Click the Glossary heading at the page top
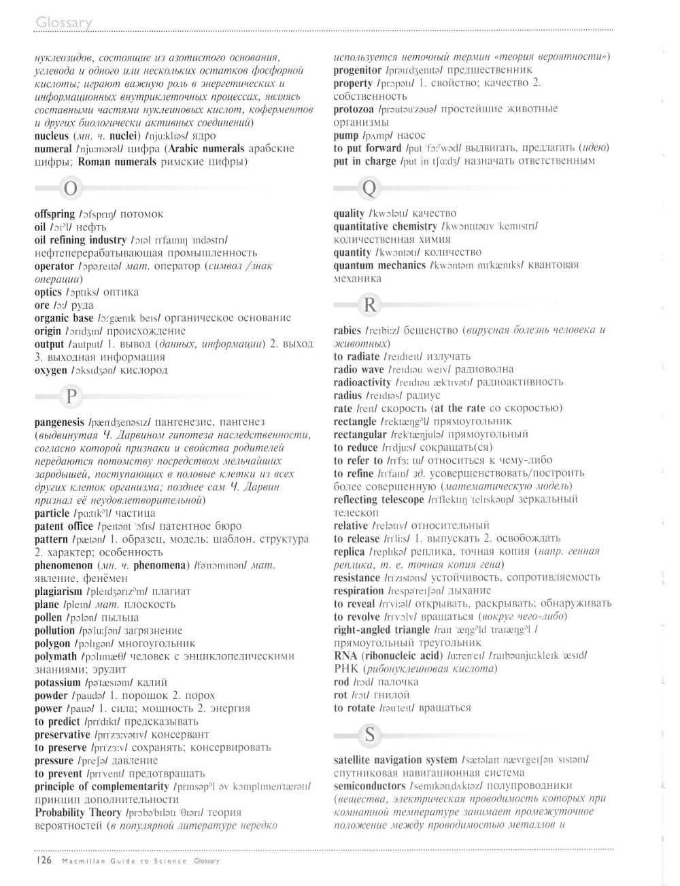(63, 23)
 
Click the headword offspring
(54, 214)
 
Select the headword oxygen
(50, 371)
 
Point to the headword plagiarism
(58, 592)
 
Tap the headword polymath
(55, 657)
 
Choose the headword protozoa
(355, 109)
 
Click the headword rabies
(347, 331)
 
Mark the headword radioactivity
(363, 383)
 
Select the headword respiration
(358, 591)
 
